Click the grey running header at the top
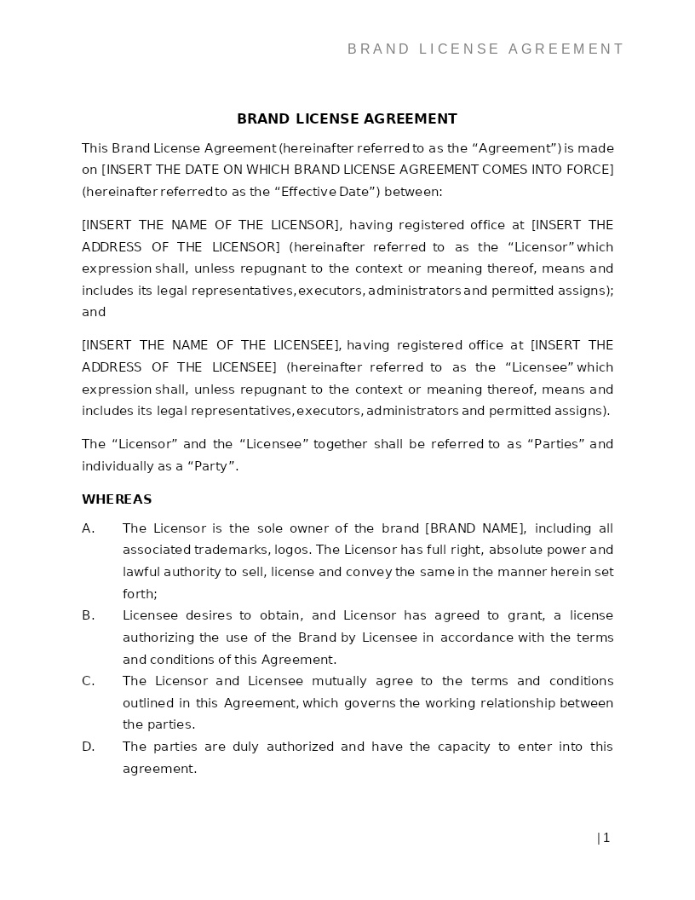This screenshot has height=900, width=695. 485,49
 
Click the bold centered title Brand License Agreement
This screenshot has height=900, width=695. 347,119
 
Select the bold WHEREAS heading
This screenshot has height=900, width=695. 117,499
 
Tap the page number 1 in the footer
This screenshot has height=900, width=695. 606,838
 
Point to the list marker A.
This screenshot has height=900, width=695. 88,528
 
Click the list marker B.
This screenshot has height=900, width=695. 88,615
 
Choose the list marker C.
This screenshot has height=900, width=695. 88,681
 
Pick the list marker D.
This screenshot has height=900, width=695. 88,747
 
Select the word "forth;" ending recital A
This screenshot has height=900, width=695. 140,594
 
